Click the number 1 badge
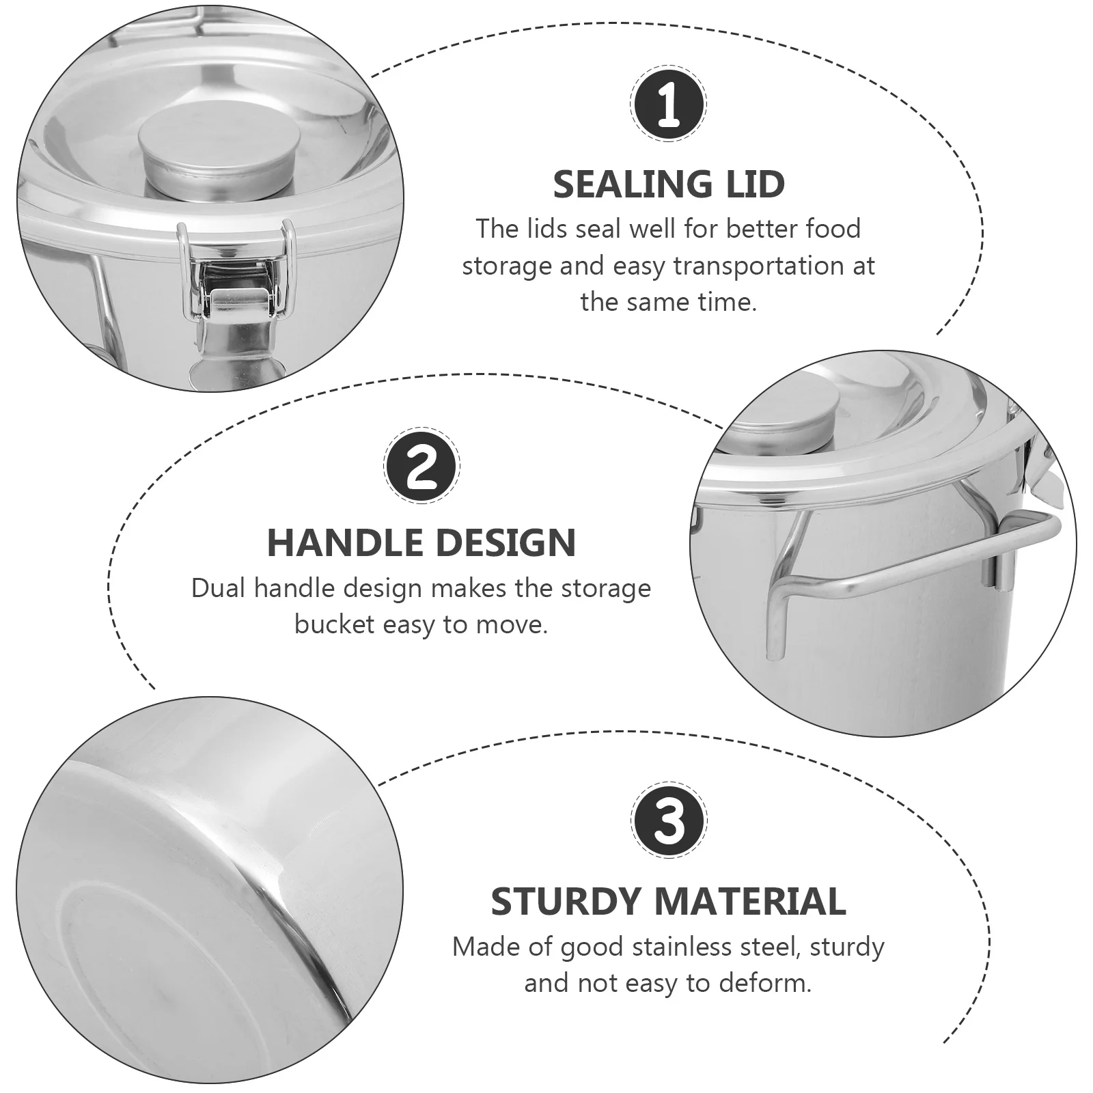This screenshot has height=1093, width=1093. (x=668, y=105)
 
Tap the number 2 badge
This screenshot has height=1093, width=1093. (x=421, y=467)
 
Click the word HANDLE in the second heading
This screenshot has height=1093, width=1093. (x=344, y=543)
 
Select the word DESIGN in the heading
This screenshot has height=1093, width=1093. (x=506, y=543)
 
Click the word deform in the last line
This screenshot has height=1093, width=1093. (x=768, y=983)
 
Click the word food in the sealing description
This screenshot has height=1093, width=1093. (x=833, y=229)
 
